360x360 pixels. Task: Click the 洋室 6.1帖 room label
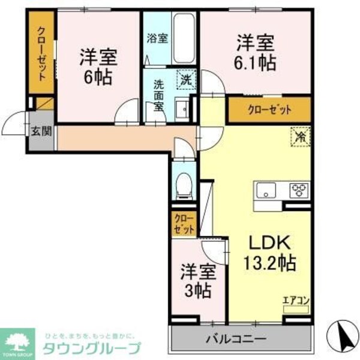click(x=256, y=52)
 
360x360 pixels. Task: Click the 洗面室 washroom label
click(x=158, y=95)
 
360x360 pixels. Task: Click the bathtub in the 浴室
click(x=182, y=37)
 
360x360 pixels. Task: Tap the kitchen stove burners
click(x=298, y=191)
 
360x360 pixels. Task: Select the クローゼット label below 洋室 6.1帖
click(x=269, y=110)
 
